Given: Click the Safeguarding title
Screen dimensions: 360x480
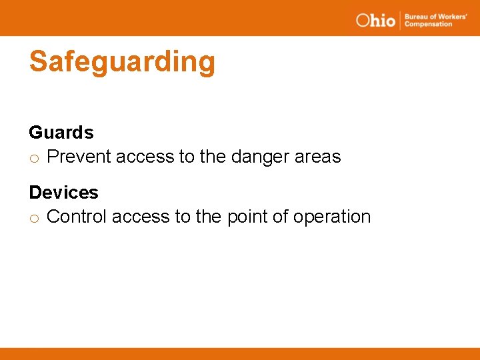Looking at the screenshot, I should click(x=122, y=62).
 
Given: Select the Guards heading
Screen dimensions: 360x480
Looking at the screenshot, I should click(x=61, y=133).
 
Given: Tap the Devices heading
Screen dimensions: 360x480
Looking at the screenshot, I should click(x=63, y=193).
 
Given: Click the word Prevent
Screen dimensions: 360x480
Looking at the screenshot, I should click(x=79, y=157).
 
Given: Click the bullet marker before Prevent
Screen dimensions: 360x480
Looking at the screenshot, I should click(x=35, y=159).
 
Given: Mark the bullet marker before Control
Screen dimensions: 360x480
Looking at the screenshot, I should click(x=35, y=219).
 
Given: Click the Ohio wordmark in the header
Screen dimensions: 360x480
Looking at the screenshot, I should click(x=376, y=20).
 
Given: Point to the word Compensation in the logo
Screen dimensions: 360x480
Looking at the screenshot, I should click(x=428, y=25).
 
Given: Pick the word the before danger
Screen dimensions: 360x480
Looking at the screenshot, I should click(x=213, y=157).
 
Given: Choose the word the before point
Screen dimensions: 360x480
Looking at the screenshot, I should click(x=209, y=217).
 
